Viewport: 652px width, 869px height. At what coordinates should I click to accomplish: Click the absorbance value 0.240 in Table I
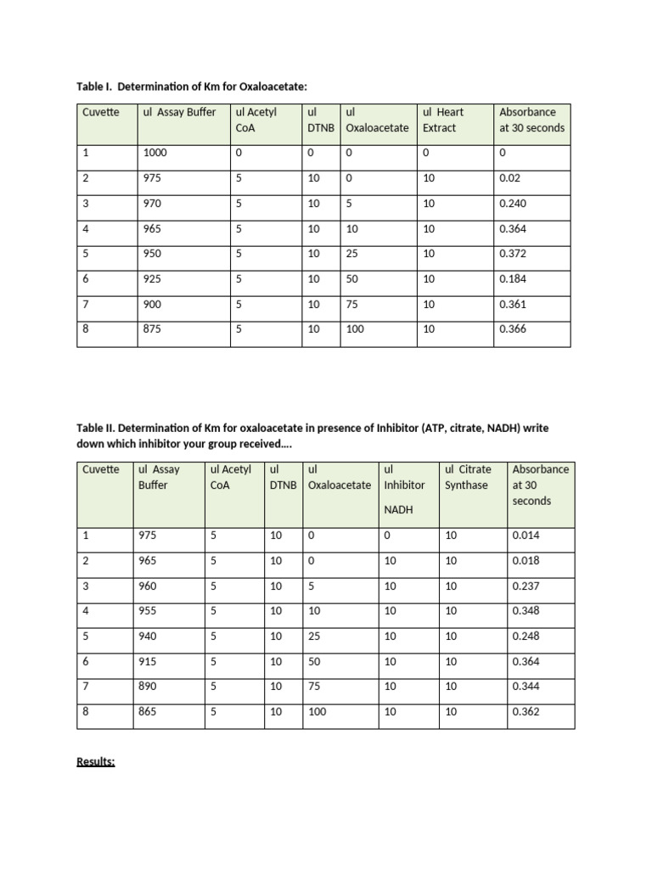pos(513,204)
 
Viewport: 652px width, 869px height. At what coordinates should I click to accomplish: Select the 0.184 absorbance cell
pos(513,278)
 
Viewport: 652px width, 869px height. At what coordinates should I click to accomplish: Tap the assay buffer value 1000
pos(155,154)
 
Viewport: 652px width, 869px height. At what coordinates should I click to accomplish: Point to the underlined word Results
pos(96,762)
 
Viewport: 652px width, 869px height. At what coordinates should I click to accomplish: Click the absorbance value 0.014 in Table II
pos(526,535)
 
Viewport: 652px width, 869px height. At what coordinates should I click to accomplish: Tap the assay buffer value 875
pos(152,329)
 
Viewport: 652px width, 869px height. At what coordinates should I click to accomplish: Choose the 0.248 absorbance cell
pos(526,636)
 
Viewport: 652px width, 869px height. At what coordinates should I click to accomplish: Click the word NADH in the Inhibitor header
pos(399,509)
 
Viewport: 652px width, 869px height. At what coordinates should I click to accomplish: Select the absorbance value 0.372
pos(513,254)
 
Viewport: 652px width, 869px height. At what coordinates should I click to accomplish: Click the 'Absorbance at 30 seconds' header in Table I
pos(531,120)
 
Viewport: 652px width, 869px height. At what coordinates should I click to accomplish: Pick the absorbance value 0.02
pos(509,179)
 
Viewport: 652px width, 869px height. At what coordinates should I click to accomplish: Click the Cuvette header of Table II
pos(101,469)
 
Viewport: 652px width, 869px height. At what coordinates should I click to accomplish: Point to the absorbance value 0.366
pos(513,329)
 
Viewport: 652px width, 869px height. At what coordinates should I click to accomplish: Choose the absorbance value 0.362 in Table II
pos(526,712)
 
